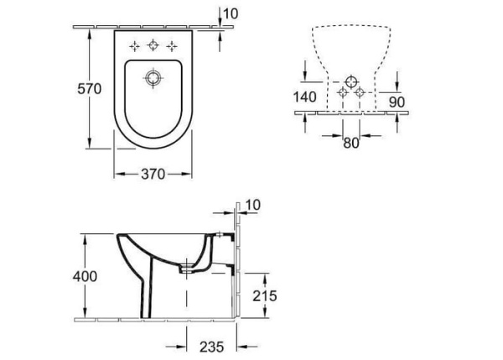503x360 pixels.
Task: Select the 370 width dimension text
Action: tap(152, 174)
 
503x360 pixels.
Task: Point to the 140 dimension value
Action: tap(305, 97)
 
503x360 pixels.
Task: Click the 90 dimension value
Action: tap(397, 102)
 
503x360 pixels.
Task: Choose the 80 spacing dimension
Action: tap(350, 143)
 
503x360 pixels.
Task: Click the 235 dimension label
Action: tap(212, 344)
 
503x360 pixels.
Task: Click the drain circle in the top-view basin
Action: tap(152, 79)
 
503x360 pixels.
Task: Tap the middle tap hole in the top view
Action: tap(153, 45)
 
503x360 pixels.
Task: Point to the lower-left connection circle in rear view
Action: tap(342, 91)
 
